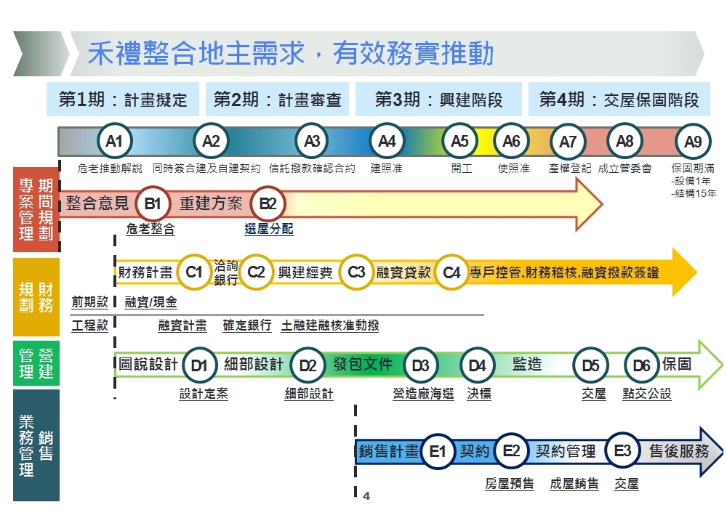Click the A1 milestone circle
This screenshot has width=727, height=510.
114,142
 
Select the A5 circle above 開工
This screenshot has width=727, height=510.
460,142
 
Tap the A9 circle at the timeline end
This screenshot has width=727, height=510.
693,142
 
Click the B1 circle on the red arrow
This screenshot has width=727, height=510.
152,204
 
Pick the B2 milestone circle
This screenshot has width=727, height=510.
268,204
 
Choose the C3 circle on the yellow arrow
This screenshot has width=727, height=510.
356,272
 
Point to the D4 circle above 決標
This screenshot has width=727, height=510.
477,365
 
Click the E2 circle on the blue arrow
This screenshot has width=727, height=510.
511,452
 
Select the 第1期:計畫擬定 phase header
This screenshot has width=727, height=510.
123,100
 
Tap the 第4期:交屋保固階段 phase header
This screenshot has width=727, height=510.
619,100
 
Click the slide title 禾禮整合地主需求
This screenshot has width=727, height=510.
291,54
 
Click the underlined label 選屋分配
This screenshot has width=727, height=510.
269,229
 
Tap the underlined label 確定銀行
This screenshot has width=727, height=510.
246,325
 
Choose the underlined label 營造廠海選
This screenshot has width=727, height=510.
423,394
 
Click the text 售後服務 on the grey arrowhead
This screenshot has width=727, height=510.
679,451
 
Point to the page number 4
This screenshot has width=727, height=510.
366,496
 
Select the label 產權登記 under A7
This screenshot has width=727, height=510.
570,169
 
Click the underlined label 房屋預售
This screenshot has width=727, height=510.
509,483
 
